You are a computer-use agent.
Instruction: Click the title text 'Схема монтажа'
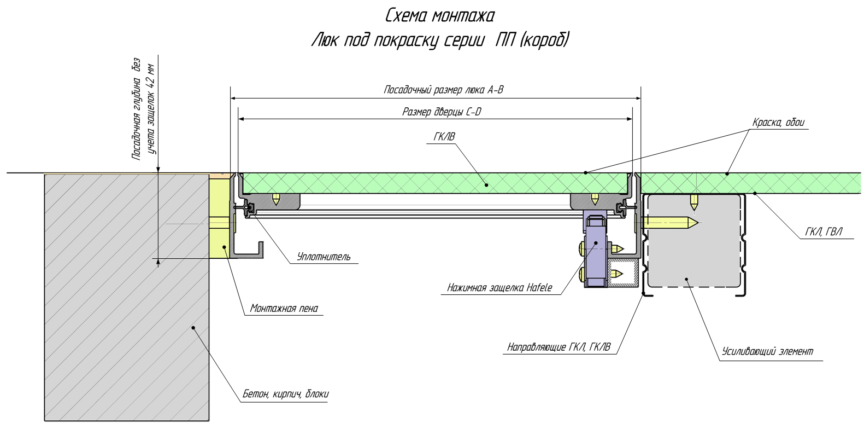[440, 15]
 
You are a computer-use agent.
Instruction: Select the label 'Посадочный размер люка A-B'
[443, 90]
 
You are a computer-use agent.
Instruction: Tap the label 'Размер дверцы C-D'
[442, 112]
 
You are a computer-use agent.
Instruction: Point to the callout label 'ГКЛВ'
[444, 137]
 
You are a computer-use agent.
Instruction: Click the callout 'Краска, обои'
[778, 123]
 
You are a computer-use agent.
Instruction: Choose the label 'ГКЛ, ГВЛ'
[824, 232]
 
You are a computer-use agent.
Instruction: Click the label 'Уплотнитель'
[324, 257]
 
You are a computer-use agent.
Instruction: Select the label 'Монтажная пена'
[284, 308]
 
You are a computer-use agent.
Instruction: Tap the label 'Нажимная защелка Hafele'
[499, 288]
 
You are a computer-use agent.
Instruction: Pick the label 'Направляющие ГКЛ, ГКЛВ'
[559, 347]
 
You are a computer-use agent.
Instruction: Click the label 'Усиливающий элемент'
[767, 351]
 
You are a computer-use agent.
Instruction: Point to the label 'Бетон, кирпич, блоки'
[285, 394]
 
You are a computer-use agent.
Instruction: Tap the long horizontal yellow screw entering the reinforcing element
[669, 222]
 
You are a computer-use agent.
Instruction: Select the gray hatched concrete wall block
[126, 295]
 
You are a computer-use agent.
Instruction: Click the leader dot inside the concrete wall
[193, 328]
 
